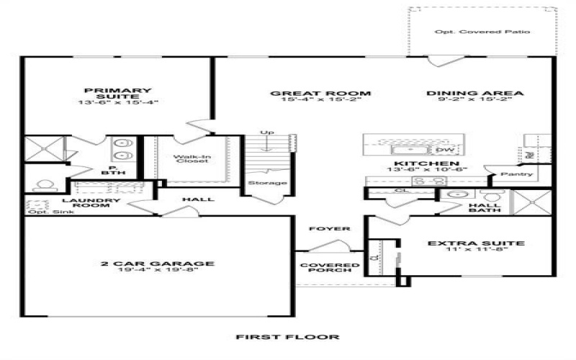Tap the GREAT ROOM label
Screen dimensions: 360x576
320,94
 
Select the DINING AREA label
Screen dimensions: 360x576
474,94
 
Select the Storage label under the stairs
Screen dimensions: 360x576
267,183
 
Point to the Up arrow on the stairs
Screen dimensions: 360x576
267,138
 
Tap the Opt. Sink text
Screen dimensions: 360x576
45,212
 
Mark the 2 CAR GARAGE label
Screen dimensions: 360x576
158,264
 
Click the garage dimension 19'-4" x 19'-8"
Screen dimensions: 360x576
158,271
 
